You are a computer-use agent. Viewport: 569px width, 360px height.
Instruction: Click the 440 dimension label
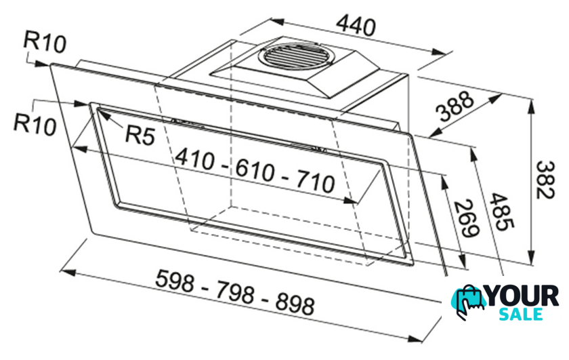(356, 26)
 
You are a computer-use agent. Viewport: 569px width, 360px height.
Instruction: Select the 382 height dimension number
(546, 180)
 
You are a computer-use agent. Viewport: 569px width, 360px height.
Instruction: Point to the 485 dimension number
(501, 212)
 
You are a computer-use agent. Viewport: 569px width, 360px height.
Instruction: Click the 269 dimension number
(467, 218)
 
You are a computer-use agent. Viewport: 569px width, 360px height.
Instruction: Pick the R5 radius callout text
(140, 135)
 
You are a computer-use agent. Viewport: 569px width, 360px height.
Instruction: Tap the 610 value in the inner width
(255, 170)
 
